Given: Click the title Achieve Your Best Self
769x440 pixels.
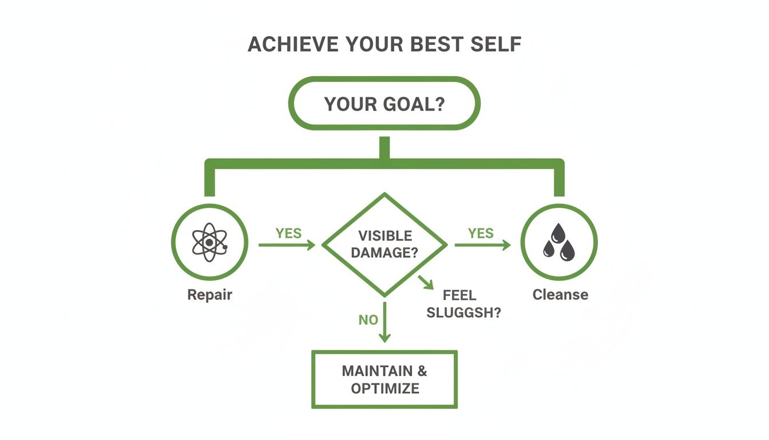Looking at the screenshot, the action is [x=384, y=45].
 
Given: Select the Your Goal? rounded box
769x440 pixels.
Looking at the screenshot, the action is [x=384, y=104].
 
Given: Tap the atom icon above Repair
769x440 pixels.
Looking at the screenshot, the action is [x=209, y=242].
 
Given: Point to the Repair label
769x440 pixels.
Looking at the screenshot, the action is [x=210, y=295].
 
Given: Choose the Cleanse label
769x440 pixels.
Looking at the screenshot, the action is [x=560, y=295].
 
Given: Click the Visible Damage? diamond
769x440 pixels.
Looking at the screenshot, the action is [x=384, y=245].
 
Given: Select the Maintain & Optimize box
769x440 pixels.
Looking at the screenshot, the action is [x=384, y=379].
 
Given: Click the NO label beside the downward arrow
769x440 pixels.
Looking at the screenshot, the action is [x=368, y=320].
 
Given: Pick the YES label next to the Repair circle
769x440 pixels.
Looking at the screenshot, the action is [x=288, y=233].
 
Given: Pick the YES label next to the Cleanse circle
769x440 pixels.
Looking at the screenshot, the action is [x=481, y=233].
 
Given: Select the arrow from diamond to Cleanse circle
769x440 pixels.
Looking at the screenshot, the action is [x=482, y=245].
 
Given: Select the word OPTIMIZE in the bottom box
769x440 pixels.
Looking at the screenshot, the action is [x=385, y=388].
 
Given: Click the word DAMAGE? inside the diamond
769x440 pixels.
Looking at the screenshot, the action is [x=384, y=252].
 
